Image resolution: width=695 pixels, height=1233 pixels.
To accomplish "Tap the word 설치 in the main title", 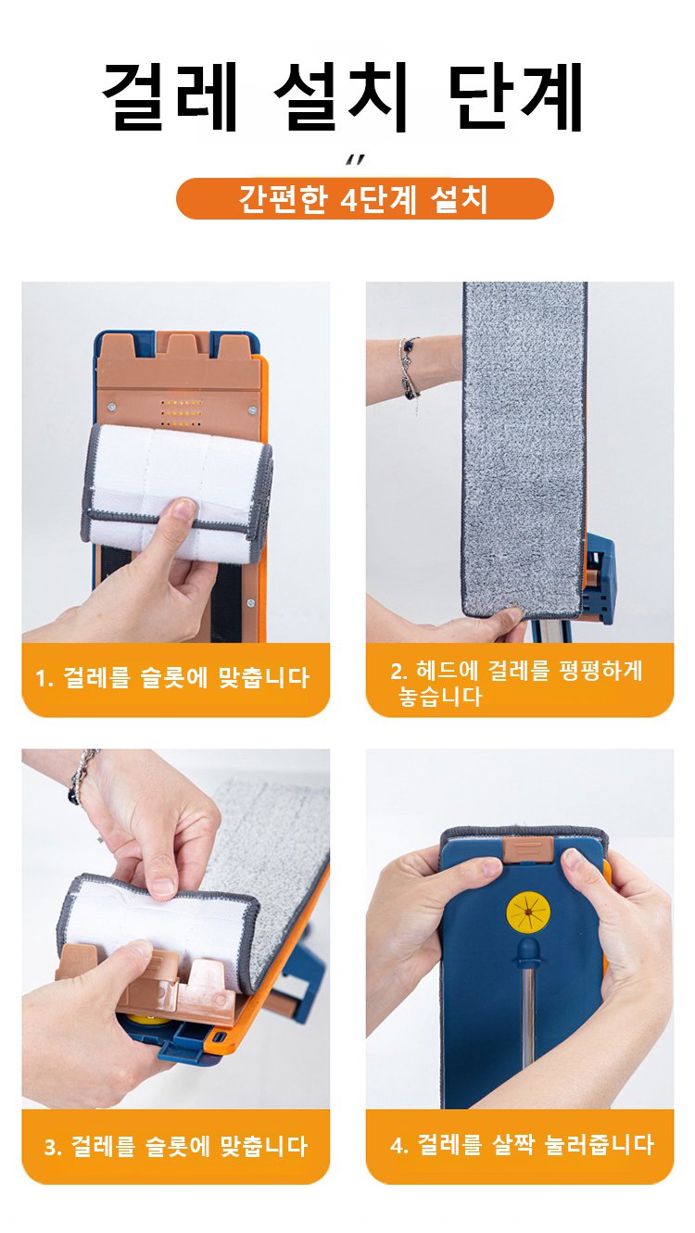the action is (341, 96).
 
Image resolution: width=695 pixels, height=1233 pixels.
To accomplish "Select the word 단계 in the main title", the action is (515, 96).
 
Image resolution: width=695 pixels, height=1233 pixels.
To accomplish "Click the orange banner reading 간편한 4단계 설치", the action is (364, 199).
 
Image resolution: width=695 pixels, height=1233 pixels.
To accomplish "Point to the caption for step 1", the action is (172, 677).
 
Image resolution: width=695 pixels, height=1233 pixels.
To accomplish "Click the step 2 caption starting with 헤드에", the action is (516, 683).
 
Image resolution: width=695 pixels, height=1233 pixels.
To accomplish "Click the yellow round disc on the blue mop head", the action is (528, 912).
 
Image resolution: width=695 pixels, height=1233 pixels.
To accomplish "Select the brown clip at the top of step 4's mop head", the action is (528, 849).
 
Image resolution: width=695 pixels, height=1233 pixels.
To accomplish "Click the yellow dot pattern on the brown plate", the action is (182, 413).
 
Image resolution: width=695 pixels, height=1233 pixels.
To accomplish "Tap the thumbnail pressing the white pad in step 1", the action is (182, 510).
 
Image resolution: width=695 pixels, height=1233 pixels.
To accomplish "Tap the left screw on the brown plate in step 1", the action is (112, 408).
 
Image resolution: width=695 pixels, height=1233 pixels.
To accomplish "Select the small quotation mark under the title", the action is (354, 159).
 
